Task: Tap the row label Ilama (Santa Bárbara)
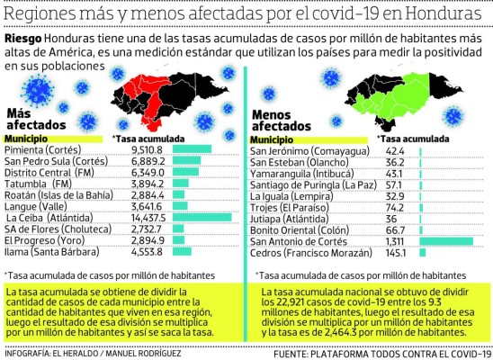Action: tap(49, 252)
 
